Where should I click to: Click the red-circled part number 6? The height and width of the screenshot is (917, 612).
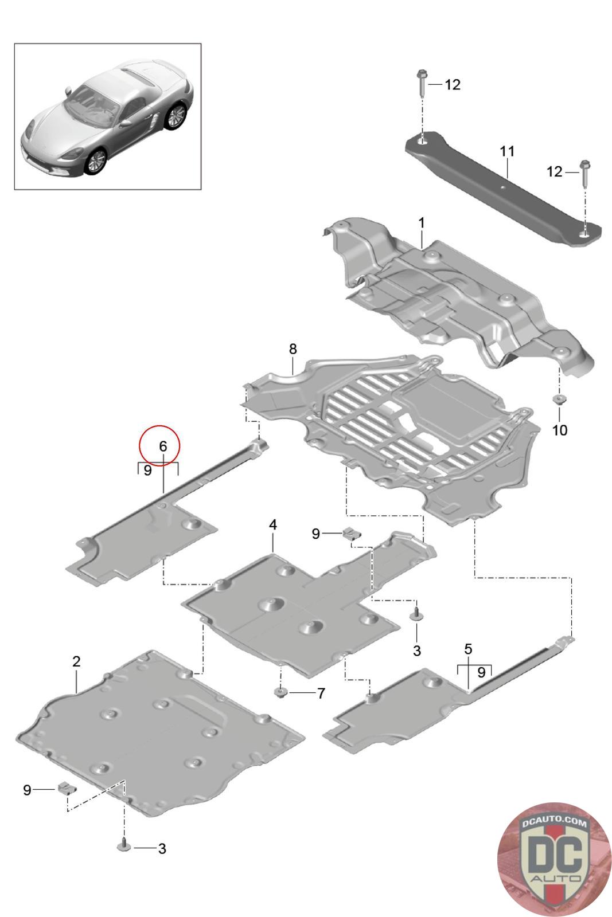162,445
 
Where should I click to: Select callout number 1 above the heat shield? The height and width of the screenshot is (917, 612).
422,222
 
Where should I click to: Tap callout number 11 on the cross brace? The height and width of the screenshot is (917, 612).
507,152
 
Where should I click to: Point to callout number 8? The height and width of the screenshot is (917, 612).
293,348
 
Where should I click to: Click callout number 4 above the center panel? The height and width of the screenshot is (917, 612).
273,524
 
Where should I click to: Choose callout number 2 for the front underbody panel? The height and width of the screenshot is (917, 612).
76,661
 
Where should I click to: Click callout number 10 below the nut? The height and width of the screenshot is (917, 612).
559,430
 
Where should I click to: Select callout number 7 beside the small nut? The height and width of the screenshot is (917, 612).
321,693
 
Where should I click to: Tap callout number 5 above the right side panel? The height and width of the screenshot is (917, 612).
468,649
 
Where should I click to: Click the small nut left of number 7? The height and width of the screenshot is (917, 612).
280,693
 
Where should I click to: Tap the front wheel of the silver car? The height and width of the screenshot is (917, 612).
95,162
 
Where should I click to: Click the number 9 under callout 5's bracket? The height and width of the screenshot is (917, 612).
481,671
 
